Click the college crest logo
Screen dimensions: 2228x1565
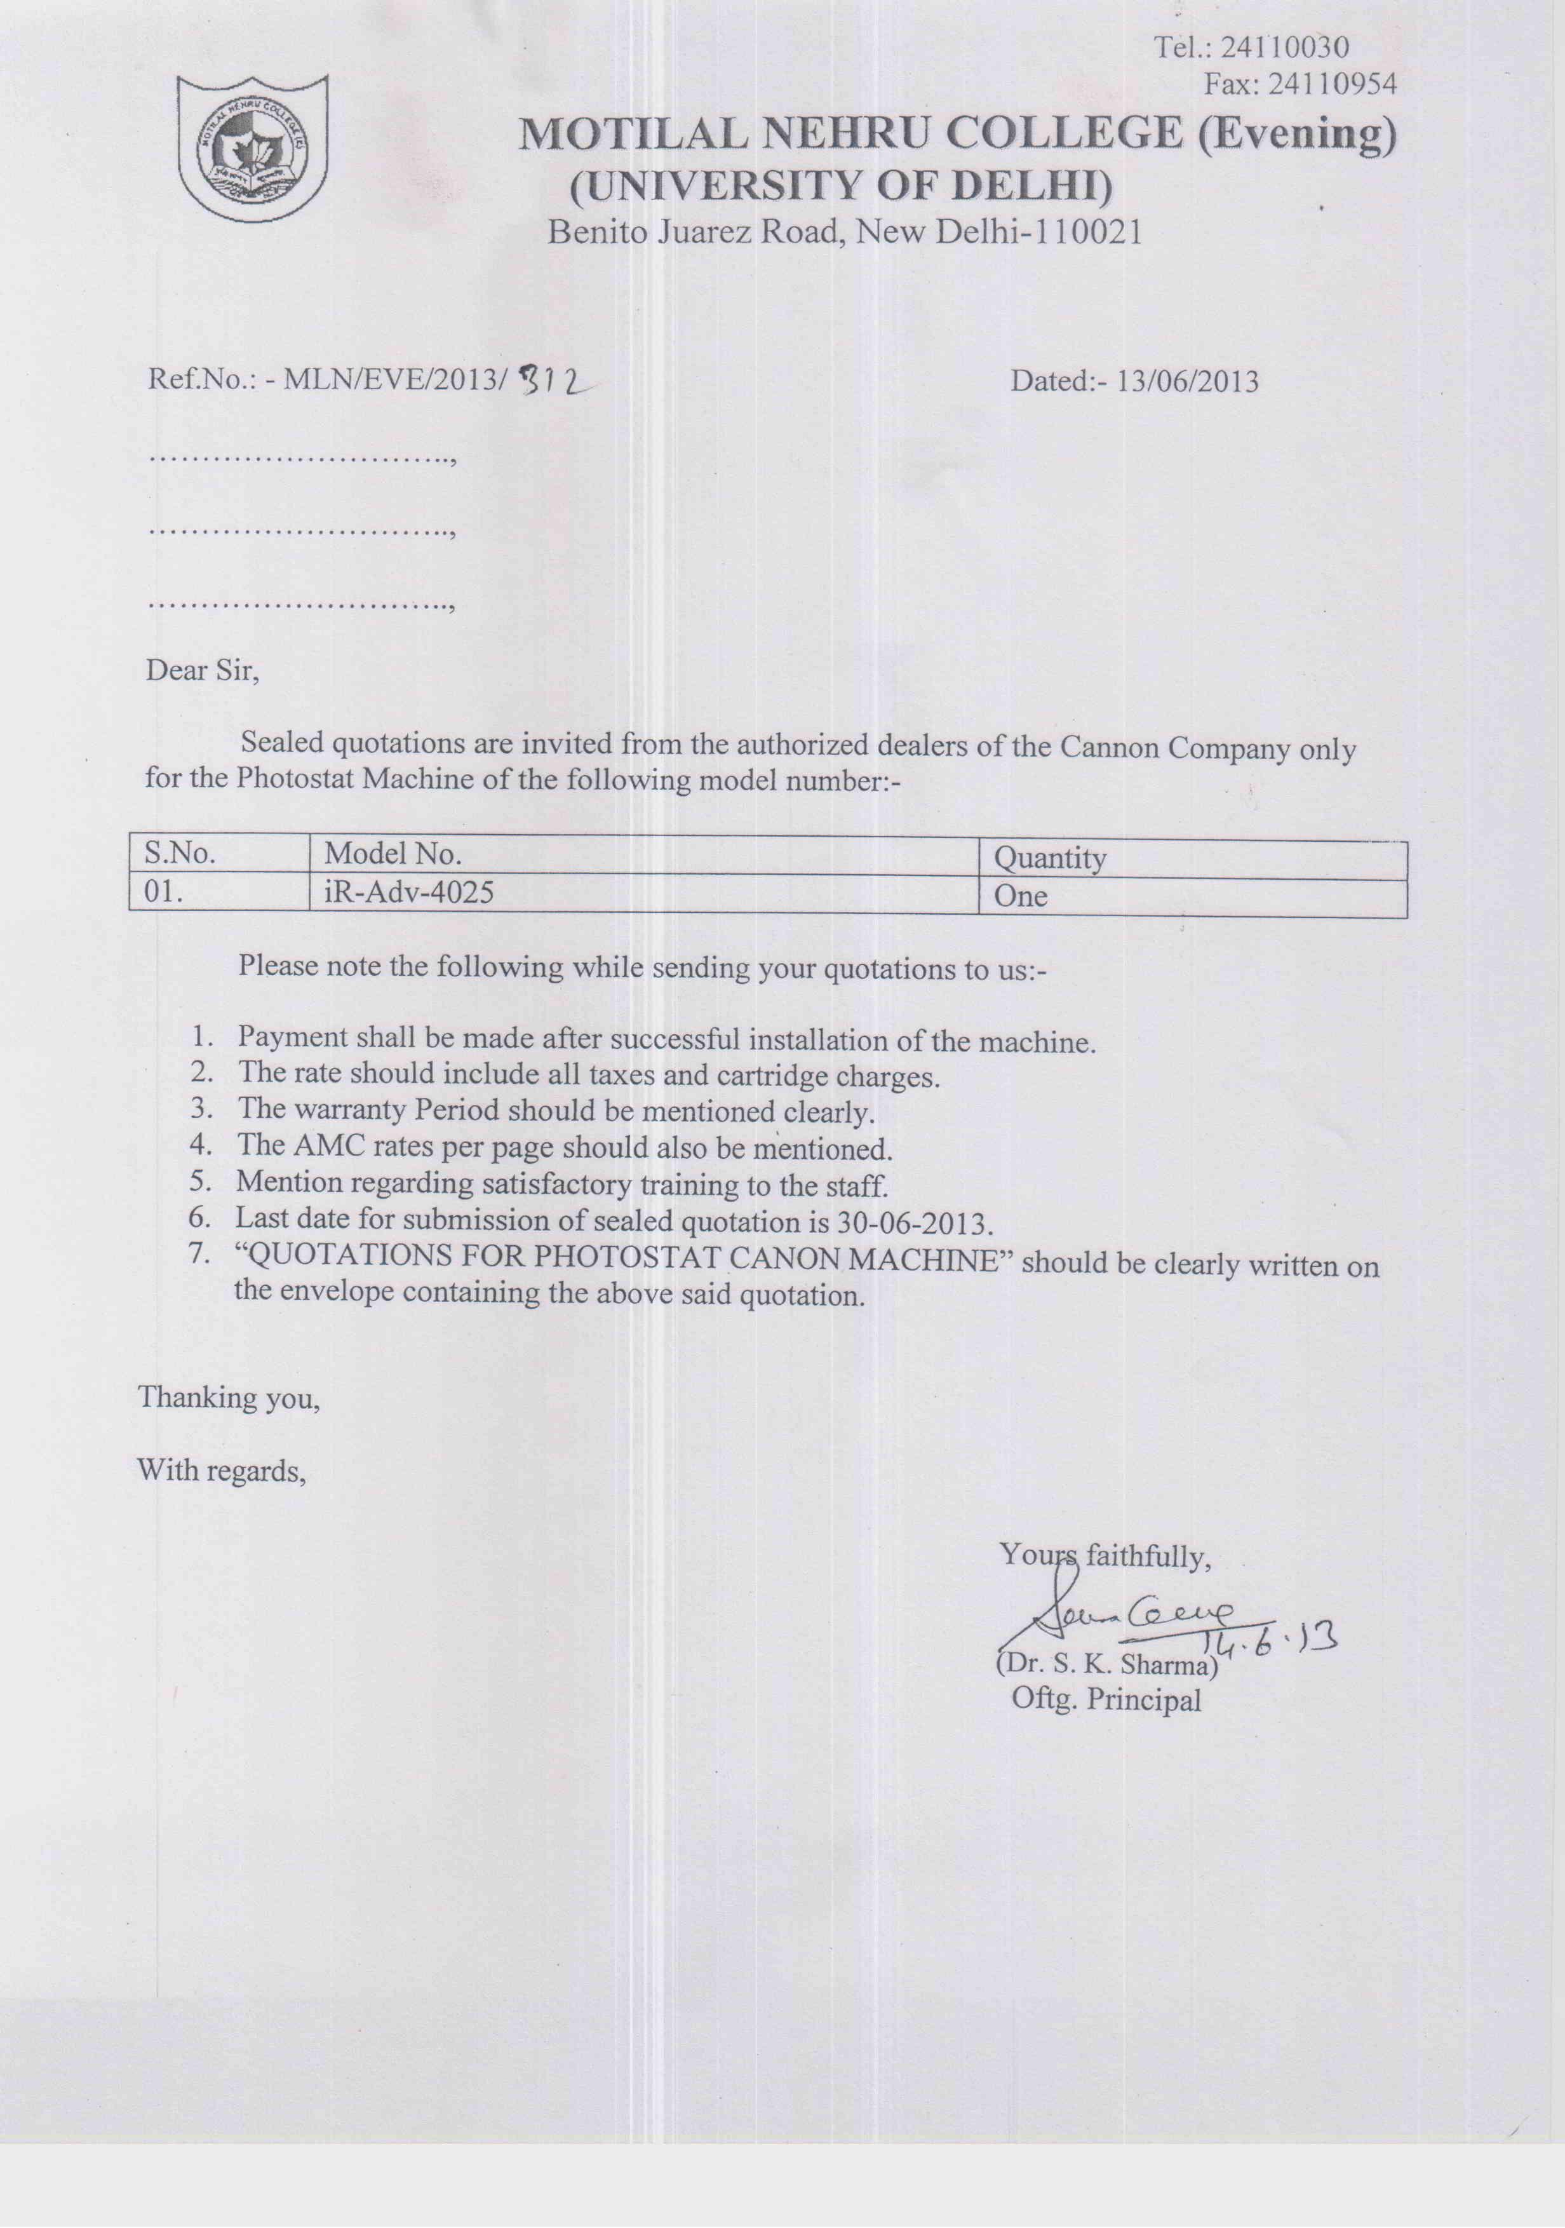[252, 147]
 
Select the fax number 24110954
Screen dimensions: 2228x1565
[1332, 85]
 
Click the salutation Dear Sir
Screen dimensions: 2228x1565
[202, 670]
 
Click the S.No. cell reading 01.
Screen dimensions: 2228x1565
[163, 891]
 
